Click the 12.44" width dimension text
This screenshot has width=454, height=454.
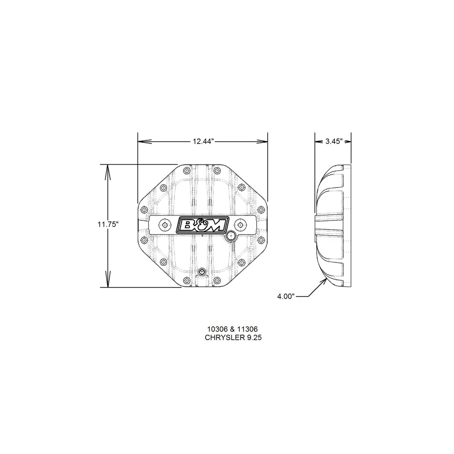point(203,141)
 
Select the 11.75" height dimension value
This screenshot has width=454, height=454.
point(107,225)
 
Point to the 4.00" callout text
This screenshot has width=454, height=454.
point(286,297)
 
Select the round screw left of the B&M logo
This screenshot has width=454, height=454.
point(164,225)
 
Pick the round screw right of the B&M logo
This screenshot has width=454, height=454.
point(240,225)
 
